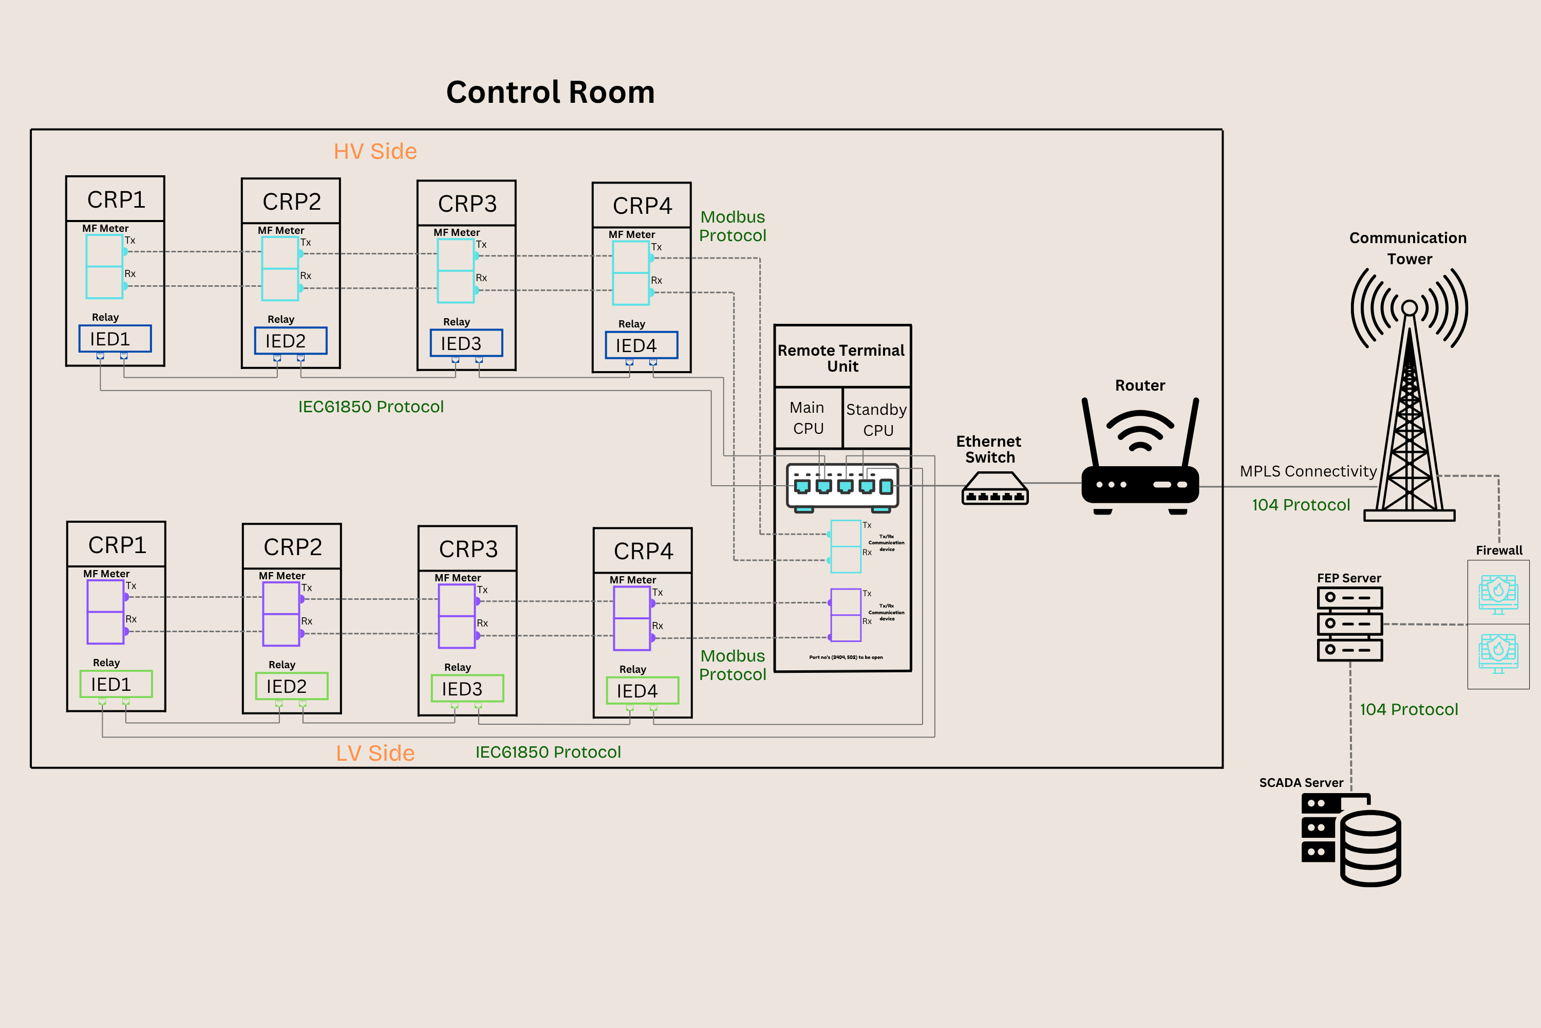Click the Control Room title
[550, 93]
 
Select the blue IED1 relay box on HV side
[115, 339]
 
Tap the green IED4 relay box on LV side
[642, 691]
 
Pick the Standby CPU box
[877, 419]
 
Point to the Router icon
[1140, 459]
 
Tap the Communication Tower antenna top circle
[1410, 307]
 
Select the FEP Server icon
[1350, 623]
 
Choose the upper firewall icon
[1498, 593]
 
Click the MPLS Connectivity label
[1308, 471]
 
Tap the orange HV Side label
[375, 152]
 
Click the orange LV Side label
[375, 752]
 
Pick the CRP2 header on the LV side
[292, 547]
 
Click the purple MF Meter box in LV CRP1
[105, 612]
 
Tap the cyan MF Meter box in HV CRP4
[630, 273]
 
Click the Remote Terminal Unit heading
[842, 358]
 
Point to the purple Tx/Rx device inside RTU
[845, 615]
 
